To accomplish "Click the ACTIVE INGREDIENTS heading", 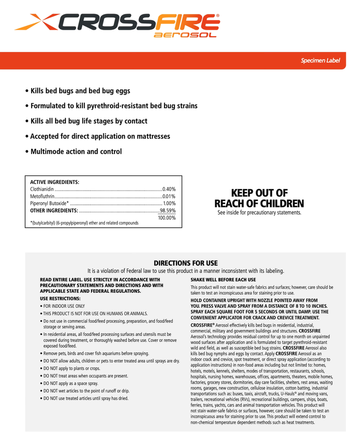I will [55, 182].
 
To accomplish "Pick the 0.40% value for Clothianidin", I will [169, 189].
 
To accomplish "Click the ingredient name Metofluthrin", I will [43, 196].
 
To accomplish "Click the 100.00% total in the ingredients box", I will [166, 218].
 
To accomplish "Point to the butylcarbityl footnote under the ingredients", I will [84, 223].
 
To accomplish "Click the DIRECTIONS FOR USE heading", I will [186, 263].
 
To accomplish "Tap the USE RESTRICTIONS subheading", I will [60, 299].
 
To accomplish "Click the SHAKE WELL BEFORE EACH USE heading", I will [223, 280].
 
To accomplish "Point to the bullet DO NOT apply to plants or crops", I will [70, 368].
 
